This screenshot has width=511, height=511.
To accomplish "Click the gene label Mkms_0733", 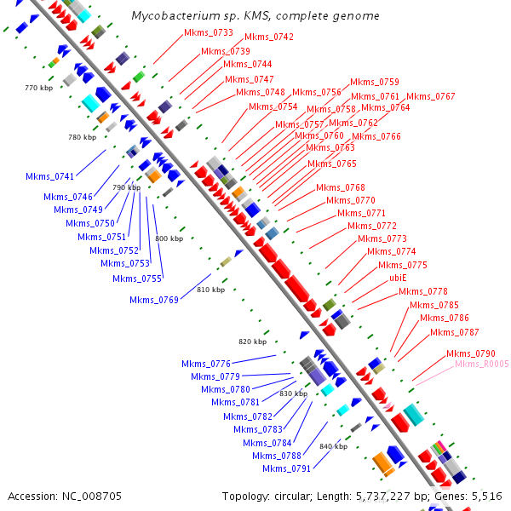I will tap(209, 32).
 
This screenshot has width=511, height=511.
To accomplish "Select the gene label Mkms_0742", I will tap(269, 37).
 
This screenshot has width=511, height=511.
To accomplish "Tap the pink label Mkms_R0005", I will tap(482, 364).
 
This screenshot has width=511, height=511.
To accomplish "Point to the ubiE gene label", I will tap(399, 278).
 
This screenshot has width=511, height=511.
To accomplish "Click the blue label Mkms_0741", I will tap(50, 176).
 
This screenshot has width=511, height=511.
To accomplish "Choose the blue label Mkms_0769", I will tap(154, 299).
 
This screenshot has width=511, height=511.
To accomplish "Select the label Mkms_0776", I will tap(206, 364).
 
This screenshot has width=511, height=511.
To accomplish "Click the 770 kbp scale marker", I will tap(39, 88).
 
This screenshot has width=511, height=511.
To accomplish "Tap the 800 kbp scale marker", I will tap(169, 238).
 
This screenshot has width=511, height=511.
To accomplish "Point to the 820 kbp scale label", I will tap(252, 342).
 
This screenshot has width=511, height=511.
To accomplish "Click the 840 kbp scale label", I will tap(333, 446).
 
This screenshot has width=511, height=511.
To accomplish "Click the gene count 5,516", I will tap(486, 496).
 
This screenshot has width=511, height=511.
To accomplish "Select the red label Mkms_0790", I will tap(471, 353).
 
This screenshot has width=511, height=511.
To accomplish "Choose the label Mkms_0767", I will tap(431, 96).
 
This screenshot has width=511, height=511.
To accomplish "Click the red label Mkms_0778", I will tap(423, 291).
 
